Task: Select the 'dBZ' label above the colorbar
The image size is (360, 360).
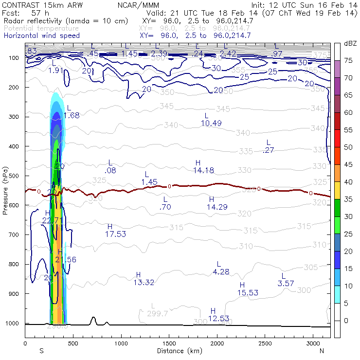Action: click(350, 44)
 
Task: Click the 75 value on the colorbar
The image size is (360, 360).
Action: click(349, 60)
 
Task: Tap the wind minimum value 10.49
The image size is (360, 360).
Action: click(211, 123)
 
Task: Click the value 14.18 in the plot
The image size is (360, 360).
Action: click(203, 170)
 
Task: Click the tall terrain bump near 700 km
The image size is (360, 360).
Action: click(93, 320)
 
